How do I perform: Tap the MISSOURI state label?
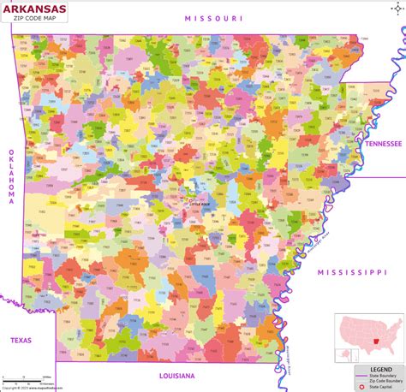point(214,18)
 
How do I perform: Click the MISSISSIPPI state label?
point(352,271)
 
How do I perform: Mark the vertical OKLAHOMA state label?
point(12,175)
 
